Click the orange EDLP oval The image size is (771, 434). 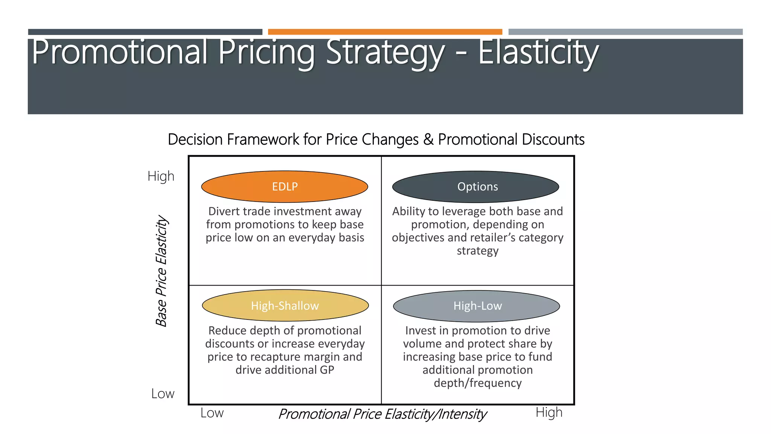coord(285,186)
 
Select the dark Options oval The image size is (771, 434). coord(475,186)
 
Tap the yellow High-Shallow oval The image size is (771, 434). coord(285,305)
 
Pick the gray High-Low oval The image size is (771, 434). coord(476,306)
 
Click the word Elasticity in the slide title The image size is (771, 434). coord(538,52)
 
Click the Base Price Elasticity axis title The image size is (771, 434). coord(161,270)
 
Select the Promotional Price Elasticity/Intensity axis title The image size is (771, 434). coord(382,414)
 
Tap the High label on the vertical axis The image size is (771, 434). coord(161,176)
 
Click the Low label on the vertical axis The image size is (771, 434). coord(163,394)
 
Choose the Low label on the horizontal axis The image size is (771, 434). coord(212,413)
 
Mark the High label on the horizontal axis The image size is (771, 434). coord(549,413)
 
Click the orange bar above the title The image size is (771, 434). coord(385,32)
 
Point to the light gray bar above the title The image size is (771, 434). coord(625,32)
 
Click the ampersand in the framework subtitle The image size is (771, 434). coord(428,139)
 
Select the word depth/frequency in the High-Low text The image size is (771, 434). coord(477,383)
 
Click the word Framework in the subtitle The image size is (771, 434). coord(263,139)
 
